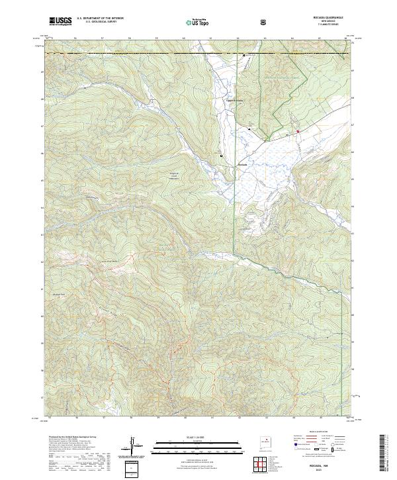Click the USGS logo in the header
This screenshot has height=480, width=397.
[x=60, y=21]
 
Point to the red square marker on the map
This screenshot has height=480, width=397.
[x=298, y=131]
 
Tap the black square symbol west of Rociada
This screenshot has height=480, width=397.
[x=221, y=155]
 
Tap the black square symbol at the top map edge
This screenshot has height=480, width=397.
[x=244, y=55]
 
